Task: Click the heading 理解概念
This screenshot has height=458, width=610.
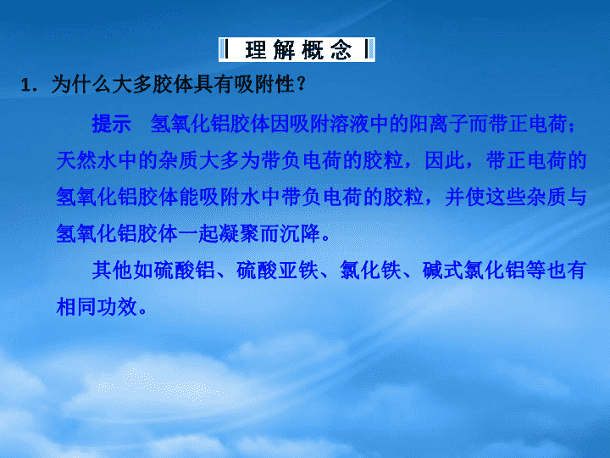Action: click(x=298, y=50)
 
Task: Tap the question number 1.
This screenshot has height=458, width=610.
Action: click(x=26, y=86)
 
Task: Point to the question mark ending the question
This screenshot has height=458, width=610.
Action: click(x=301, y=84)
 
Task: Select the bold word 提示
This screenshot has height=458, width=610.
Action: click(x=111, y=124)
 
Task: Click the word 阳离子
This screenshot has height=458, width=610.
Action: click(x=439, y=124)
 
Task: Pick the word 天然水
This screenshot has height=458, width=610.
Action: click(x=86, y=160)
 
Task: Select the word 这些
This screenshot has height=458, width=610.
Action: click(x=506, y=197)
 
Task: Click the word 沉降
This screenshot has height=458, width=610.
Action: click(x=300, y=233)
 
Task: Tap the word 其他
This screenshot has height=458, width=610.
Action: click(x=112, y=270)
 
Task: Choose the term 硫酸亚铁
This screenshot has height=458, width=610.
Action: click(x=277, y=270)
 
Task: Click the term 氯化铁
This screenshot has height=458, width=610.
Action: click(x=370, y=270)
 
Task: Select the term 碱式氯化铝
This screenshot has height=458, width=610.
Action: click(x=474, y=270)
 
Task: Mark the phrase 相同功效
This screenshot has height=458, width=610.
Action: click(x=97, y=306)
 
